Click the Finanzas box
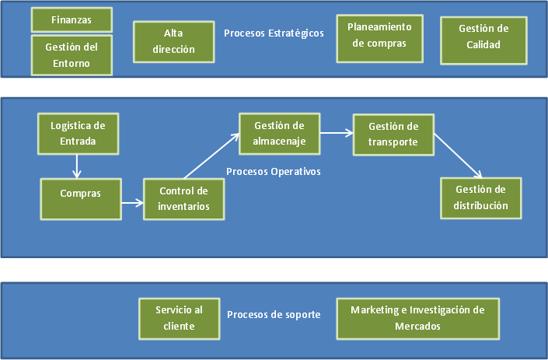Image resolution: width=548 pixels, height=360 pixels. (72, 19)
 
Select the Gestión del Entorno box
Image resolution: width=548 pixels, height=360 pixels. (72, 54)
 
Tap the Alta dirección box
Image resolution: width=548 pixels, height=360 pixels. (173, 41)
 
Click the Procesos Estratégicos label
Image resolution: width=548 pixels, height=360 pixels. (274, 33)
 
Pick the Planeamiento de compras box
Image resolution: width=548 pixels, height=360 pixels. (379, 37)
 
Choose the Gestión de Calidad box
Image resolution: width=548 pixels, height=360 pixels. (483, 37)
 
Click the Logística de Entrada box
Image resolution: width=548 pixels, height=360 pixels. (78, 133)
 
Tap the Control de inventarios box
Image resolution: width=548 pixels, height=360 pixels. (184, 199)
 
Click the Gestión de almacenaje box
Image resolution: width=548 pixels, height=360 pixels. (278, 134)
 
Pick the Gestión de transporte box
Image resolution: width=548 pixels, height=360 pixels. (393, 134)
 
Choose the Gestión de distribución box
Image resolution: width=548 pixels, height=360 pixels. (481, 197)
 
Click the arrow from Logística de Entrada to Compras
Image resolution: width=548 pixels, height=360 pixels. (77, 165)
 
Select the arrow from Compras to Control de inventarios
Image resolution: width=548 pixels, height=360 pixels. (133, 204)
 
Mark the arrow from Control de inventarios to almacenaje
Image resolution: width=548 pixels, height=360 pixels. (211, 156)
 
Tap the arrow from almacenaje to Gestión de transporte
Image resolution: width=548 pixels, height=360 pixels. (335, 133)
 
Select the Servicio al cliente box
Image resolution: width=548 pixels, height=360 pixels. (179, 318)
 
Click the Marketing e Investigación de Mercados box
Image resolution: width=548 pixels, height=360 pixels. (417, 318)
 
